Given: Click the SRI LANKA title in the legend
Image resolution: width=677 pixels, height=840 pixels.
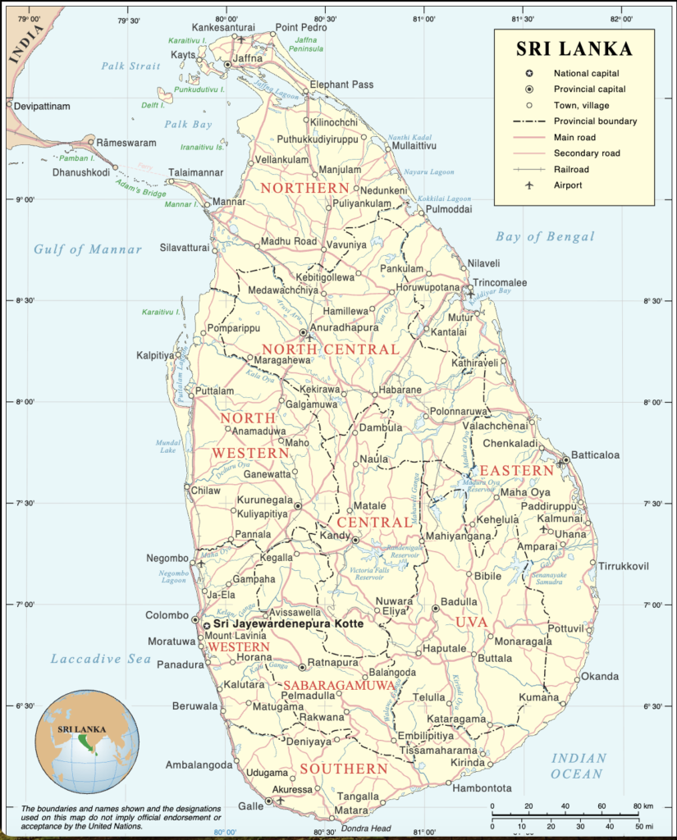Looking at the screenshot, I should click(x=574, y=49).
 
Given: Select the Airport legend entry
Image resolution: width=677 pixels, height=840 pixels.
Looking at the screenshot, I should click(x=567, y=185).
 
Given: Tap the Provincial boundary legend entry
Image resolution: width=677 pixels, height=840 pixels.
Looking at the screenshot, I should click(x=595, y=121).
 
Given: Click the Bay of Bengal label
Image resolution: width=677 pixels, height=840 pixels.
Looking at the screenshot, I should click(x=544, y=237).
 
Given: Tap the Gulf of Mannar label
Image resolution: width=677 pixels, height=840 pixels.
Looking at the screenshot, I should click(x=88, y=249).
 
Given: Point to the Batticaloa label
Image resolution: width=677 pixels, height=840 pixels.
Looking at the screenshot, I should click(x=595, y=454).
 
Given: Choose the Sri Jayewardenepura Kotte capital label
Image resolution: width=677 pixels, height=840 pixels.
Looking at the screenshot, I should click(x=288, y=624).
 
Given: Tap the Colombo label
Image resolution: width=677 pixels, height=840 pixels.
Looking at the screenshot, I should click(x=167, y=615).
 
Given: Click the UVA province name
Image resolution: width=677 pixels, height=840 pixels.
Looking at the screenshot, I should click(x=472, y=623).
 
